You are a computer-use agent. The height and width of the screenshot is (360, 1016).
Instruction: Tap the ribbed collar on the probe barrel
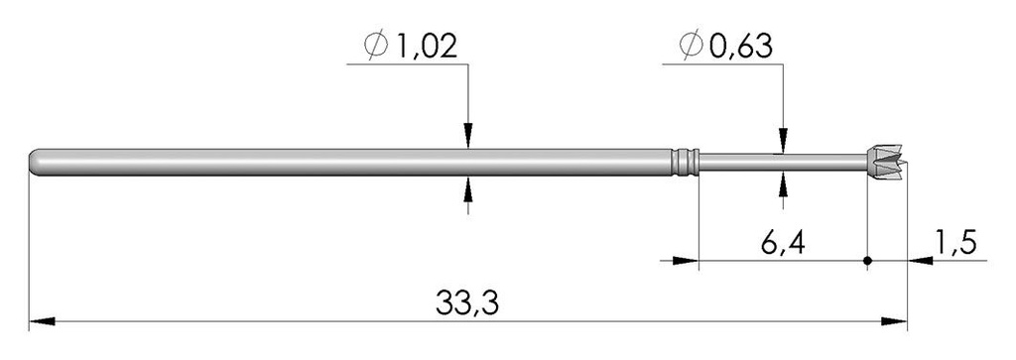pyautogui.click(x=685, y=162)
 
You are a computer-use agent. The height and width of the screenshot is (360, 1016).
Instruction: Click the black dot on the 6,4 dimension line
pyautogui.click(x=867, y=262)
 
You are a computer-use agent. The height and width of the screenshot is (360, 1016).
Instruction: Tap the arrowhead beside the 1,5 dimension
pyautogui.click(x=921, y=262)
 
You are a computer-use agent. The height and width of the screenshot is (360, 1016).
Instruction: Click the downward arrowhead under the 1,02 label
pyautogui.click(x=468, y=138)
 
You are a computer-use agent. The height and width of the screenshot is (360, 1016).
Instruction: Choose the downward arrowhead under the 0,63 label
pyautogui.click(x=784, y=141)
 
